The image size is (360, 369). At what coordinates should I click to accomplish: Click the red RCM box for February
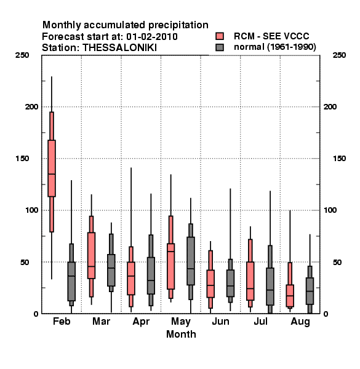pos(52,169)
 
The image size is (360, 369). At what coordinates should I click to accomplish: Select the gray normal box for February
pos(71,281)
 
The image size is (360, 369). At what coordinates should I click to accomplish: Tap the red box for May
pos(171,266)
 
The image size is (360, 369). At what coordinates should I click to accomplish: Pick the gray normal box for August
pos(310,291)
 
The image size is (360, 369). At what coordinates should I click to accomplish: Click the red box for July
pos(250,281)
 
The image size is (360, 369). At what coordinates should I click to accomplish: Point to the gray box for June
pos(230,283)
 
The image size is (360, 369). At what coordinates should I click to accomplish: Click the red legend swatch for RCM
pos(220,36)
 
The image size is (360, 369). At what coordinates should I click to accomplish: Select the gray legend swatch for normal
pos(220,47)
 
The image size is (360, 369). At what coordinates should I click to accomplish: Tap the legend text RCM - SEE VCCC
pos(271,36)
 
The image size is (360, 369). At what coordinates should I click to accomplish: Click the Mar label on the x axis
pos(102,321)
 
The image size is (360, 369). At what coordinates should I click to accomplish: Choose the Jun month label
pos(220,321)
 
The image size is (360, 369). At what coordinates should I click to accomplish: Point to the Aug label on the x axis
pos(300,322)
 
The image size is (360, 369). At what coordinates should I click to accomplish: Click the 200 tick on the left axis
pos(31,107)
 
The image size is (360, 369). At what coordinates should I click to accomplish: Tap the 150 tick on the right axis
pos(339,159)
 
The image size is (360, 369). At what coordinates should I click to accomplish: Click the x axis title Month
pos(181,334)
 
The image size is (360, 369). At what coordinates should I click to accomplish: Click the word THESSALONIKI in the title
pos(119,48)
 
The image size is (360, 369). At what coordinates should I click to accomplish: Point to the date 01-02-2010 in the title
pos(152,37)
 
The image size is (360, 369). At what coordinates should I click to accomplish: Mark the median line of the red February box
pos(52,174)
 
